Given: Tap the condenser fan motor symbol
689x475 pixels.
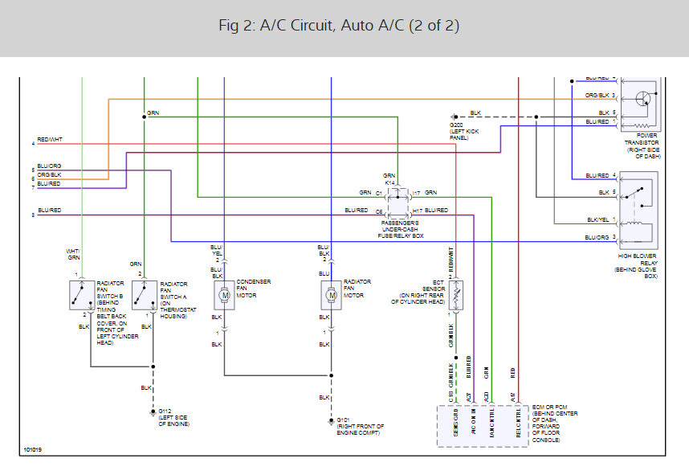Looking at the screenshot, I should tap(224, 295).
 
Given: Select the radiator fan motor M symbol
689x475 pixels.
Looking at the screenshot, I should tap(331, 295).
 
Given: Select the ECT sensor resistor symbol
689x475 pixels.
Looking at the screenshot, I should tap(455, 295).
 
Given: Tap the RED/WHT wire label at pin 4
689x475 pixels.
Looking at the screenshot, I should tap(49, 140).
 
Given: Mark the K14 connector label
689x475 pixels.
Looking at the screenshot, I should tap(389, 182).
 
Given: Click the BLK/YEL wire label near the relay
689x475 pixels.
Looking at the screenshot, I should tap(598, 219).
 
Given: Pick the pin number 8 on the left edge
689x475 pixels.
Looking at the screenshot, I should tap(33, 215).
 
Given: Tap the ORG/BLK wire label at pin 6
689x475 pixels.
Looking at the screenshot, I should tap(50, 174).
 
